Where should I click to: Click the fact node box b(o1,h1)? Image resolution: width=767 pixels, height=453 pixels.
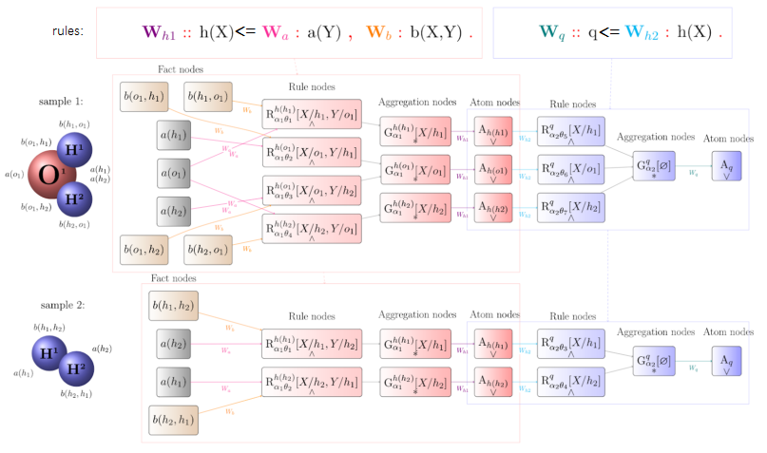tap(144, 97)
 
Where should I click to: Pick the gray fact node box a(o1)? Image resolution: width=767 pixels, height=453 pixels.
tap(176, 174)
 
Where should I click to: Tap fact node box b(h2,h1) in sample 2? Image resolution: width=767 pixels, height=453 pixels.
tap(173, 418)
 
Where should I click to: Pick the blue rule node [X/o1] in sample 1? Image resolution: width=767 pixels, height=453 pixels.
tap(571, 171)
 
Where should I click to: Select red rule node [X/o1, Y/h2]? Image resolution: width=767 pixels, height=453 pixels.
tap(312, 190)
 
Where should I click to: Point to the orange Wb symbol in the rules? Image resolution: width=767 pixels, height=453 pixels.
tap(377, 31)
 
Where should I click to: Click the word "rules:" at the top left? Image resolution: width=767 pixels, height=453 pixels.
tap(67, 30)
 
